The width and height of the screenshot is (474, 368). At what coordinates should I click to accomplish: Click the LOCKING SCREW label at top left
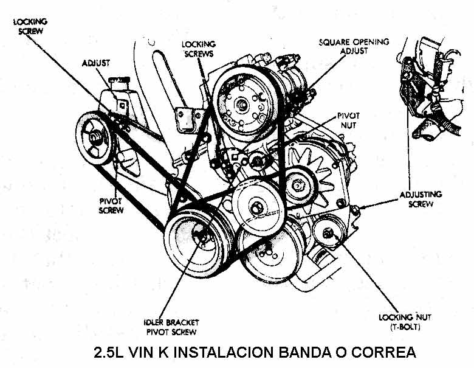pos(30,26)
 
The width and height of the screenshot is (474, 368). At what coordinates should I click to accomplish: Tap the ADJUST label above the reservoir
pos(95,63)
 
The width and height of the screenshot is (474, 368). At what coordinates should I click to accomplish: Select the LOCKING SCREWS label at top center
pos(198,49)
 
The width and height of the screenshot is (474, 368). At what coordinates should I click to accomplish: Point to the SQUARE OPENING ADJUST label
pos(354,46)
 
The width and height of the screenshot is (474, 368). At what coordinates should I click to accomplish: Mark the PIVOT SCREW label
pos(111,206)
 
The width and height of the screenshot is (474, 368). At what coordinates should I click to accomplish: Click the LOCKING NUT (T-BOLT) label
pos(400,322)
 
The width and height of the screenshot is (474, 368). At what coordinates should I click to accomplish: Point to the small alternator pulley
pos(300,181)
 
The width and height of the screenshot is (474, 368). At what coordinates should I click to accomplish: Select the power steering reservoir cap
pos(117,81)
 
